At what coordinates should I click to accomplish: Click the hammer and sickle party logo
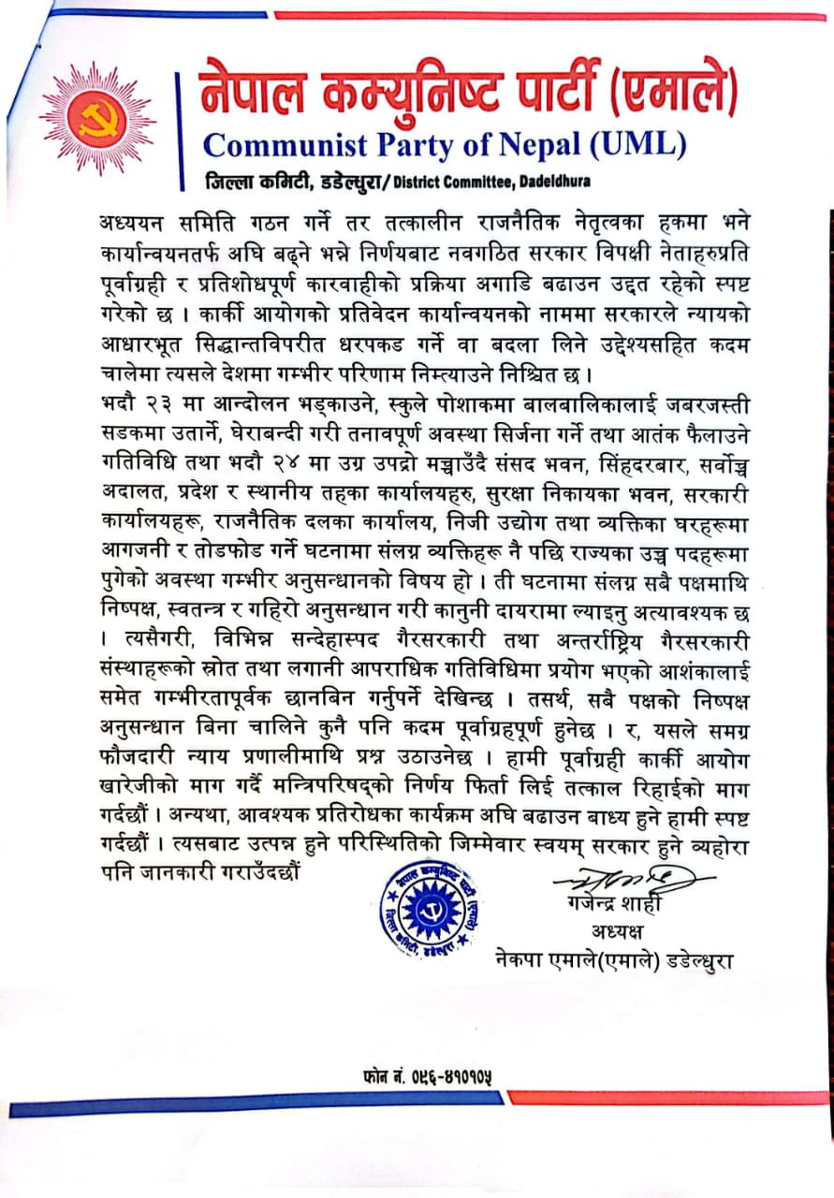tap(98, 117)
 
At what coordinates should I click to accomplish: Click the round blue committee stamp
tap(421, 911)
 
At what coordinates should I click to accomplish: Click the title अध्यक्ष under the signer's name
tap(618, 933)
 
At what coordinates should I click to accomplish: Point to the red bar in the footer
tap(668, 1097)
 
